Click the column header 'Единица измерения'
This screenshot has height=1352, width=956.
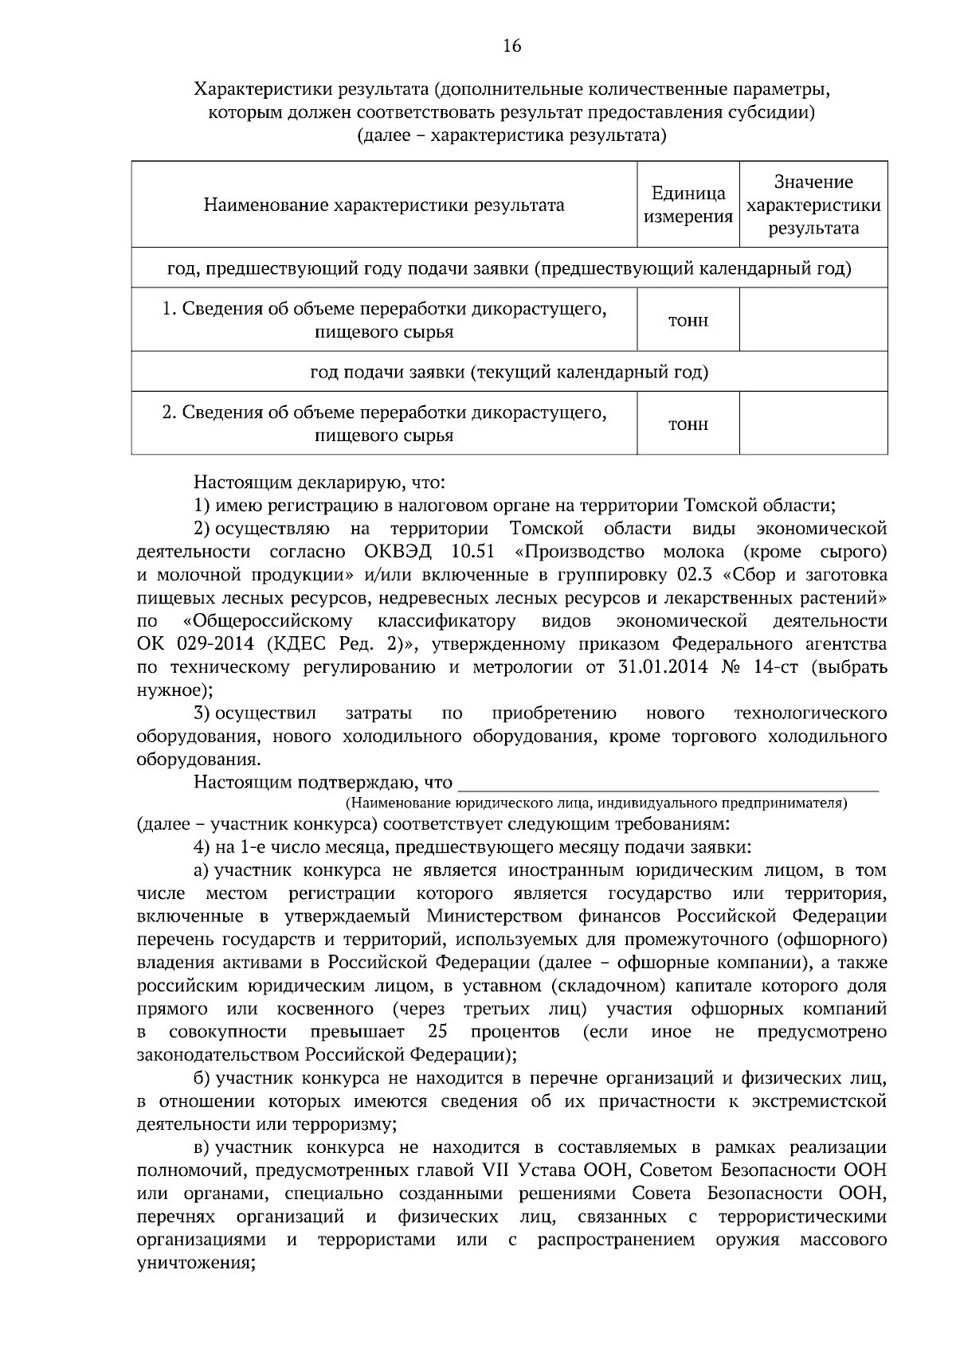tap(688, 205)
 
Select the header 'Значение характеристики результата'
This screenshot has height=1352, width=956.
tap(813, 205)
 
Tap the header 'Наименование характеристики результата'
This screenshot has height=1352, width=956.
tap(384, 205)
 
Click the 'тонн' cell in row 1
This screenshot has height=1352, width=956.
tap(688, 321)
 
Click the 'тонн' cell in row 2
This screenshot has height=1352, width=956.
tap(688, 424)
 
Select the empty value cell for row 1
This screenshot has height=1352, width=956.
tap(813, 320)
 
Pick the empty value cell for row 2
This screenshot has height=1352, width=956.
tap(813, 424)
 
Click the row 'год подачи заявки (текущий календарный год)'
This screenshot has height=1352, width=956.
tap(509, 372)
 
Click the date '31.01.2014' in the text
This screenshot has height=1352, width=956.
tap(663, 667)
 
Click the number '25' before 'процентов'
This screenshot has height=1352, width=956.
tap(437, 1033)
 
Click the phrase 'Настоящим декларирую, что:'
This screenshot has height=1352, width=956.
tap(319, 483)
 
